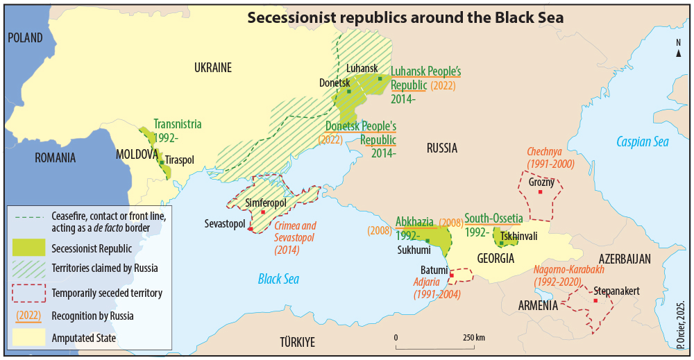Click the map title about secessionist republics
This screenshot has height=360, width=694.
point(405,17)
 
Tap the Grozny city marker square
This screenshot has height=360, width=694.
point(541,191)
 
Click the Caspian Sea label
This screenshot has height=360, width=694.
point(643,142)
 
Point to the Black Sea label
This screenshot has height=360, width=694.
point(278,279)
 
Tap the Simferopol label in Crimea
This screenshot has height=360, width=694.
point(266,203)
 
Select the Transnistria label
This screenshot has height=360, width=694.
point(178,124)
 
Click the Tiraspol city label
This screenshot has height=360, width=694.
point(180,160)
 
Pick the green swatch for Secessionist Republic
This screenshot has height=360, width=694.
point(28,247)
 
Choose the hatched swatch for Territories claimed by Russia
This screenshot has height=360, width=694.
point(28,269)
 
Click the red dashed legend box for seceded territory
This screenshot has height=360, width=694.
point(28,293)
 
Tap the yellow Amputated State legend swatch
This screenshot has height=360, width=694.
point(28,338)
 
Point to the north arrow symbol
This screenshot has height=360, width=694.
point(678,53)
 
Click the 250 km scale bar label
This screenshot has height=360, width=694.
point(475,337)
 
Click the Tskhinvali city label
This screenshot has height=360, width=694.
point(518,236)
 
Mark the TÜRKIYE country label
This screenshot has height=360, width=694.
point(297,342)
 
